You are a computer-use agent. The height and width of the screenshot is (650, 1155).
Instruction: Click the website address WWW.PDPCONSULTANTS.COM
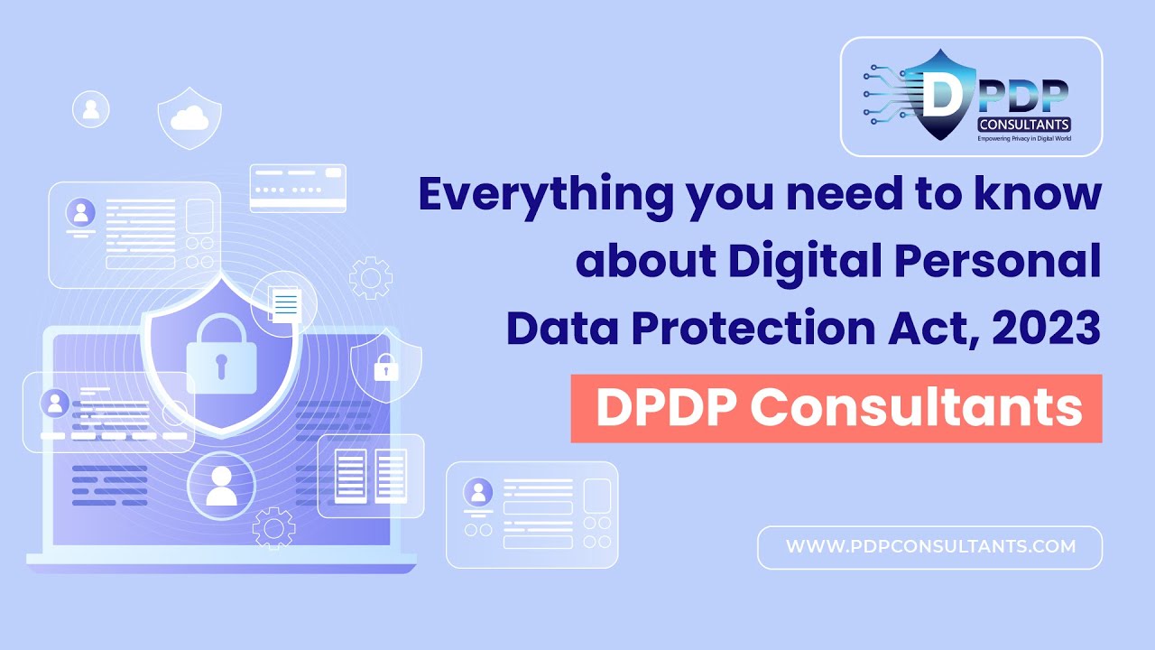click(930, 547)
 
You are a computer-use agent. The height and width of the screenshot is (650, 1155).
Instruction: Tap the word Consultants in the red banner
click(917, 408)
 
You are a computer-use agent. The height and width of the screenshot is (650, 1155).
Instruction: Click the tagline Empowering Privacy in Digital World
click(1024, 138)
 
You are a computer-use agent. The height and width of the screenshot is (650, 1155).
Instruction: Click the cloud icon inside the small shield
click(189, 117)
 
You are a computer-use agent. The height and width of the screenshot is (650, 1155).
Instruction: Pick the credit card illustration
click(298, 188)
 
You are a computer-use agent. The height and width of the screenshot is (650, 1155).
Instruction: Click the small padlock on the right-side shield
click(386, 367)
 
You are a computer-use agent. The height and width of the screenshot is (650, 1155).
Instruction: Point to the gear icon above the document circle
click(370, 278)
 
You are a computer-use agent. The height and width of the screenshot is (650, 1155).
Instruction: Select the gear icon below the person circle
click(273, 528)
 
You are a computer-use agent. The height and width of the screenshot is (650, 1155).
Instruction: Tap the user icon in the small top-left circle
click(90, 110)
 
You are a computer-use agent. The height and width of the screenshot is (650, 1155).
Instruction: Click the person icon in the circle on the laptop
click(221, 486)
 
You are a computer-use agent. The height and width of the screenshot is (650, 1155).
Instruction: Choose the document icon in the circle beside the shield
click(285, 302)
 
